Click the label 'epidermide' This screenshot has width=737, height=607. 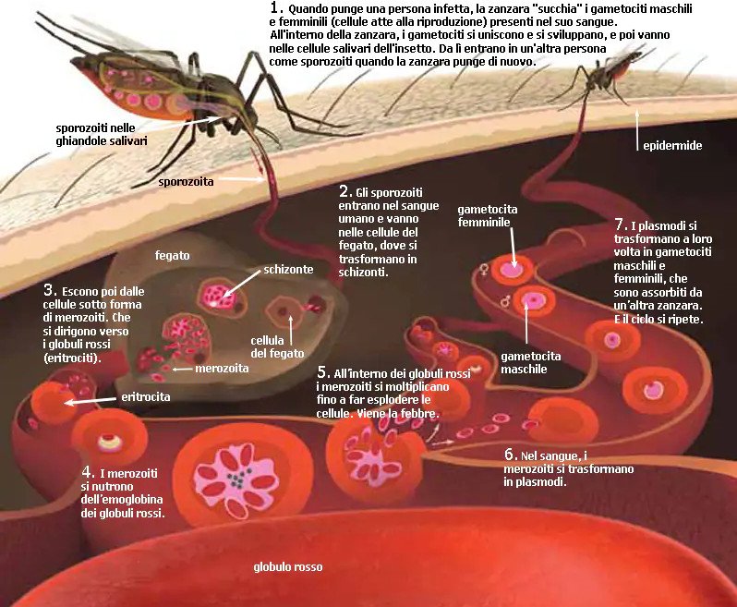[672, 146]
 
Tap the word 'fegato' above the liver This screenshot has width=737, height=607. [172, 256]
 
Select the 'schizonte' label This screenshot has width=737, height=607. [288, 270]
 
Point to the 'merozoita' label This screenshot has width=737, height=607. [222, 368]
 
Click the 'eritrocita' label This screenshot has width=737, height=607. [146, 397]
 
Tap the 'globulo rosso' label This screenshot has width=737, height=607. [288, 567]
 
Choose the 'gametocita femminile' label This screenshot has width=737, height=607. [488, 216]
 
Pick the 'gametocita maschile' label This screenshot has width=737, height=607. [531, 362]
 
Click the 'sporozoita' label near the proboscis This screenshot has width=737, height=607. [186, 182]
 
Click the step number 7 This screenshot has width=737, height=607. [621, 225]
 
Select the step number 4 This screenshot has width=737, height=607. [88, 472]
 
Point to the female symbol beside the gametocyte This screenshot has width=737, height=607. [484, 270]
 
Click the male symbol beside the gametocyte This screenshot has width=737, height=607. [506, 300]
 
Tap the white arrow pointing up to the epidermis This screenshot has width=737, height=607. [637, 130]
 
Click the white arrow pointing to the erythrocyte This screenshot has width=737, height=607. [90, 401]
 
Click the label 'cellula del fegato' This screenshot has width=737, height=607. [277, 347]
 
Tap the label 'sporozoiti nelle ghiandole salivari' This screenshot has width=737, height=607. [102, 135]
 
